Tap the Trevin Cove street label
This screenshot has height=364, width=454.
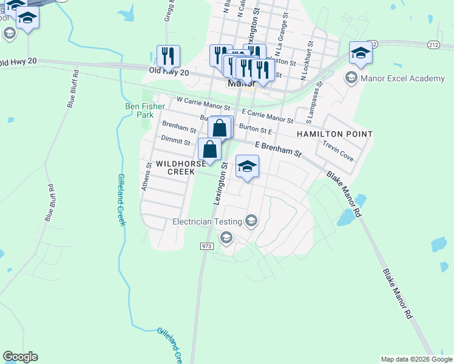[338, 152]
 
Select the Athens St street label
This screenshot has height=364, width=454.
[145, 177]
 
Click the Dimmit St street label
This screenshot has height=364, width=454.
[175, 140]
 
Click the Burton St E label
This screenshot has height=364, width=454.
[255, 129]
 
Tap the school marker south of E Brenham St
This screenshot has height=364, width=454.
[247, 167]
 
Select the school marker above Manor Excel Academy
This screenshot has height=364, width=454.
[361, 53]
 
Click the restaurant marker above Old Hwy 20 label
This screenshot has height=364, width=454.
[168, 56]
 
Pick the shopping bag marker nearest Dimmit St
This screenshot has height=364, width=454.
[209, 149]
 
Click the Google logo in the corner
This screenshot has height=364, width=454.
[20, 357]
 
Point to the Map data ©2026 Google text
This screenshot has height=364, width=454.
[416, 359]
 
